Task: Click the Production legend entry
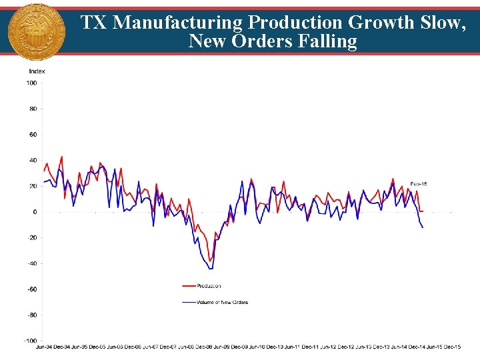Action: point(208,286)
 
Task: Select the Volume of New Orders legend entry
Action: point(222,302)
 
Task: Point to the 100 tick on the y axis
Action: point(31,83)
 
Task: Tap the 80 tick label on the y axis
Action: point(33,109)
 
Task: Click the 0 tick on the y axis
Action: point(35,212)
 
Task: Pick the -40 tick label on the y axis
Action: point(31,263)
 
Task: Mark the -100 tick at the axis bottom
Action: point(30,341)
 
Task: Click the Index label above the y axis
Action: point(37,71)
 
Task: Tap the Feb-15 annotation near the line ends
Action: point(418,183)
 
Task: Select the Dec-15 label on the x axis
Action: point(452,347)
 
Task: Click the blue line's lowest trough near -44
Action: point(211,269)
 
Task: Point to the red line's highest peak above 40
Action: point(62,157)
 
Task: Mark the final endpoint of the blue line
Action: point(423,227)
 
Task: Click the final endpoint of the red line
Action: point(423,211)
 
